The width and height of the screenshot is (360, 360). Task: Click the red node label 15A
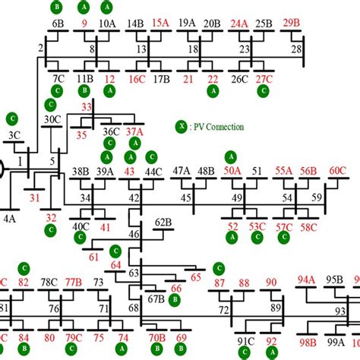[x=160, y=24]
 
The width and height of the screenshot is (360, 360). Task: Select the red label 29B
[x=291, y=23]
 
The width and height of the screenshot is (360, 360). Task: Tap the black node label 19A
[x=187, y=24]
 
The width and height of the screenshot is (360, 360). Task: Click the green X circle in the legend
[x=182, y=127]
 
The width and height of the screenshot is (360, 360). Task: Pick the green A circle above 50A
[x=230, y=156]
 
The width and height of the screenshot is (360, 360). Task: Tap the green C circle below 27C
[x=263, y=91]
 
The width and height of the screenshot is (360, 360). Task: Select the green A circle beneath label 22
[x=213, y=91]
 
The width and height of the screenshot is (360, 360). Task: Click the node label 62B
[x=163, y=223]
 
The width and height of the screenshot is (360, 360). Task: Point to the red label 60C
[x=337, y=172]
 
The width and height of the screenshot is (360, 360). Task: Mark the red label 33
[x=87, y=107]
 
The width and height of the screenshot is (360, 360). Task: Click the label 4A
[x=9, y=218]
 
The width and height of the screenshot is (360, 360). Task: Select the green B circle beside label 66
[x=175, y=301]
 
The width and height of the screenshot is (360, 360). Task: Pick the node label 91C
[x=245, y=341]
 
